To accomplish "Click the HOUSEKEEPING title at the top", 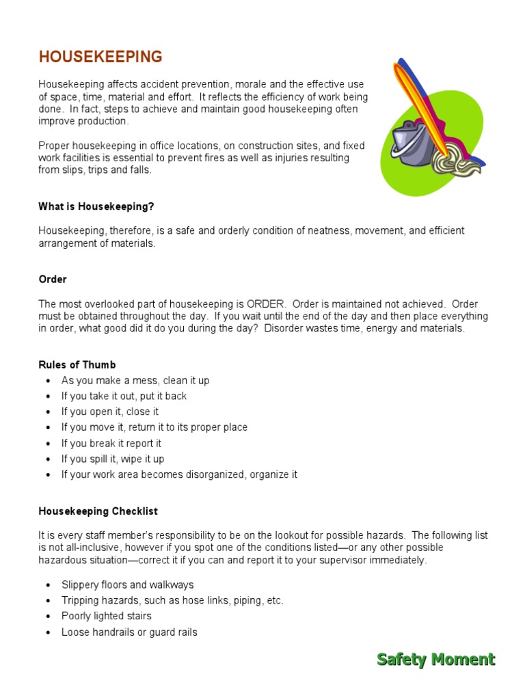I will click(100, 57).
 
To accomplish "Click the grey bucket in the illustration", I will click(409, 144).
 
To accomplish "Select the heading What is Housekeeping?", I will click(101, 206).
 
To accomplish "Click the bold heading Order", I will click(53, 280).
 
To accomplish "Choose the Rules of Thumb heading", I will click(77, 364).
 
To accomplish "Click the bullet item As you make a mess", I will click(135, 380).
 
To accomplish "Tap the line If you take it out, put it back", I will click(124, 396).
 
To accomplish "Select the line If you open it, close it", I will click(110, 412).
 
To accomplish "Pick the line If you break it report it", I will click(111, 443).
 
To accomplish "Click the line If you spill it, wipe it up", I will click(113, 459).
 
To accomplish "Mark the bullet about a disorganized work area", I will click(179, 474).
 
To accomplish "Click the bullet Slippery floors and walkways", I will click(127, 584).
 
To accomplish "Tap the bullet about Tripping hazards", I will click(172, 600).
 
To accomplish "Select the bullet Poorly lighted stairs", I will click(107, 616).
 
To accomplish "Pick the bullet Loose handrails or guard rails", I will click(129, 632).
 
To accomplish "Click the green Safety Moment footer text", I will click(435, 659).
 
